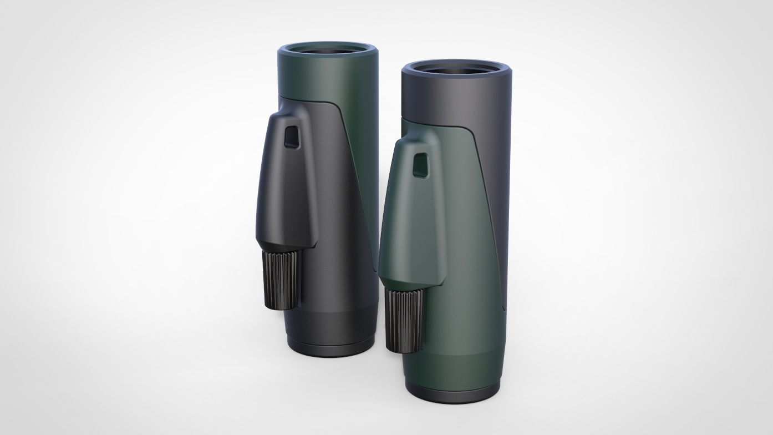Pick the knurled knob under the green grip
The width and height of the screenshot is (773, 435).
coord(404,319)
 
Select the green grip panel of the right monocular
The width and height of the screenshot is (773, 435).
coord(438,233)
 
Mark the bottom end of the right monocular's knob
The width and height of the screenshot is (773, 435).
coord(405,349)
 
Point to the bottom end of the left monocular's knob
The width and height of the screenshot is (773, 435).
coord(284,305)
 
